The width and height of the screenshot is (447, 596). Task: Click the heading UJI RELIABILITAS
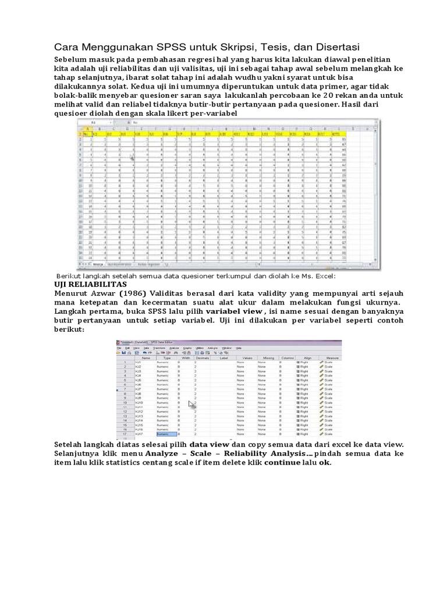[87, 284]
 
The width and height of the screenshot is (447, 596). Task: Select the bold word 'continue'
[283, 463]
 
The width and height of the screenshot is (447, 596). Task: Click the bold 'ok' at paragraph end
[324, 463]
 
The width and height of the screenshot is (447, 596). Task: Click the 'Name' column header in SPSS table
[146, 358]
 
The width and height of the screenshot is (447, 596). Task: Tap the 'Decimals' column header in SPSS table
[201, 358]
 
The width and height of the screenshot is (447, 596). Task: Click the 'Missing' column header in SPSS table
[268, 358]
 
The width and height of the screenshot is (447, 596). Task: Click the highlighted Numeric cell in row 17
[165, 434]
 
